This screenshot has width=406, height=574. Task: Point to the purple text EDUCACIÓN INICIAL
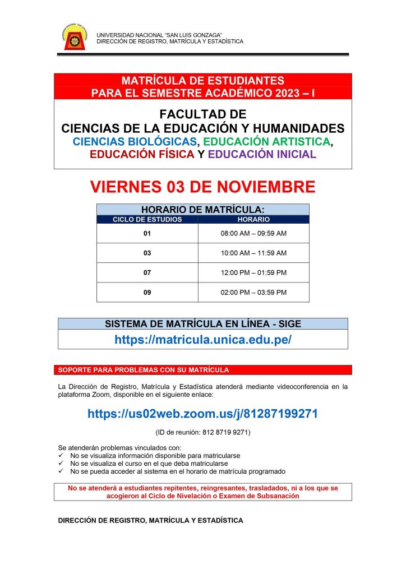(262, 154)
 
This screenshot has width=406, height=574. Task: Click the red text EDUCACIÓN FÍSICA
(142, 154)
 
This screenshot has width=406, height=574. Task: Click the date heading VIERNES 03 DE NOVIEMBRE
(202, 187)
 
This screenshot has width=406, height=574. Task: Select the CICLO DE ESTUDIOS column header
(147, 220)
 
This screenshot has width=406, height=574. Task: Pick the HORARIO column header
(253, 220)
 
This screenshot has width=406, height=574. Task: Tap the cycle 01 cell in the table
(147, 233)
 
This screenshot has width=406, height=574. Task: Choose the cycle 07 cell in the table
(147, 272)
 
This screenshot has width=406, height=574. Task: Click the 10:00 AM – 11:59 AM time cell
(253, 253)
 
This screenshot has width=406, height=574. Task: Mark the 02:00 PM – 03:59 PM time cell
(253, 292)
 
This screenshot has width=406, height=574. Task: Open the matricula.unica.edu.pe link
(202, 340)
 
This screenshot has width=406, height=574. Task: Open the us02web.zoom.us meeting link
(202, 414)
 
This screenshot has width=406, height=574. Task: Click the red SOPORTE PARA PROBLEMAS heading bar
(202, 370)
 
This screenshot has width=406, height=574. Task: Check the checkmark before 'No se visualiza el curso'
(61, 464)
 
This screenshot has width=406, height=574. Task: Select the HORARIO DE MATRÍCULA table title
(202, 210)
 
